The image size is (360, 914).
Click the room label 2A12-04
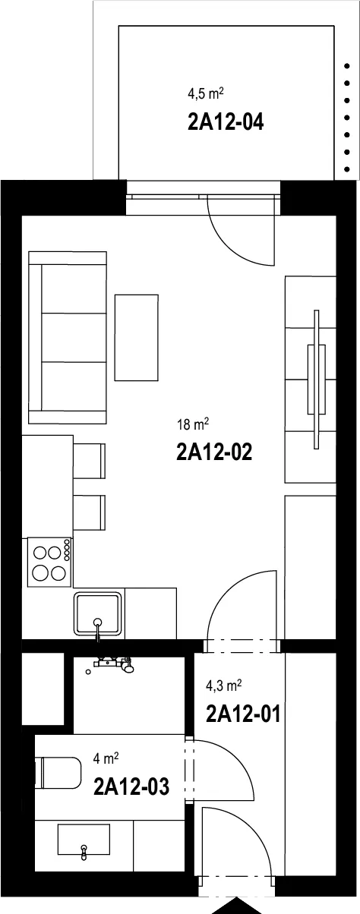[x=226, y=122]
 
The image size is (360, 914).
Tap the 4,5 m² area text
[x=205, y=94]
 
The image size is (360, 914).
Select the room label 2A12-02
[x=214, y=452]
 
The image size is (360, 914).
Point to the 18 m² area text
[x=193, y=424]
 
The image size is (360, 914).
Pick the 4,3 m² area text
[x=224, y=686]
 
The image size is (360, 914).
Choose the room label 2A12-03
[x=131, y=786]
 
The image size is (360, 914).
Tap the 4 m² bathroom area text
[x=106, y=759]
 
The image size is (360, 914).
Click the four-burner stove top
[x=49, y=563]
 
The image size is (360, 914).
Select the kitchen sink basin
[x=98, y=613]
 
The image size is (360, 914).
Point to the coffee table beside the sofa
[x=136, y=338]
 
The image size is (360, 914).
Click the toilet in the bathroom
[x=58, y=774]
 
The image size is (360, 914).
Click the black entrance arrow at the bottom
[x=235, y=907]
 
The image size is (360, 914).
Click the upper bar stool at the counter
[x=90, y=461]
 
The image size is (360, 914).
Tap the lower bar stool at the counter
[x=90, y=512]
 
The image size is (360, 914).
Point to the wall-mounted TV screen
[x=316, y=380]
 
